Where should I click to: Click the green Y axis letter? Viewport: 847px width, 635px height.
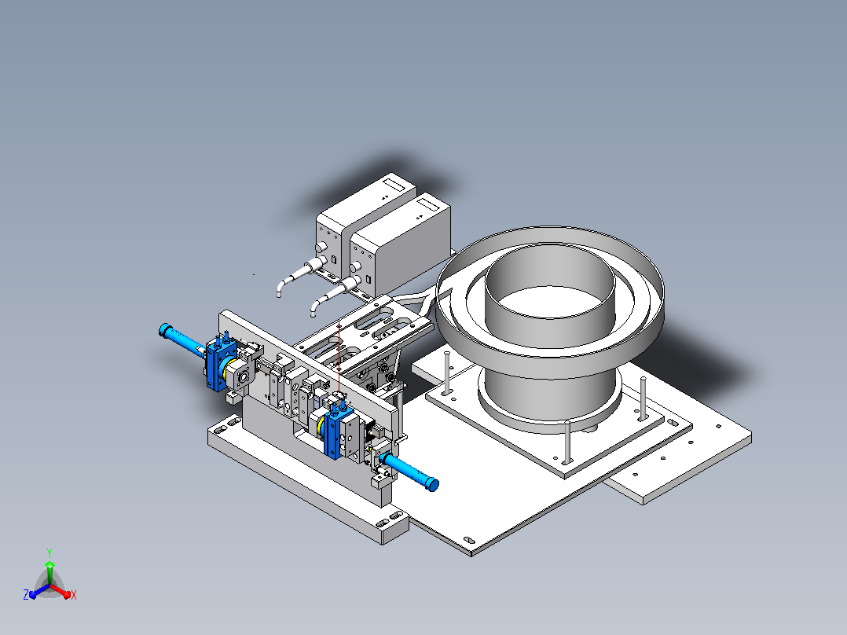tap(49, 552)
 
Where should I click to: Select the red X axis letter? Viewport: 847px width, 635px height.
tap(74, 595)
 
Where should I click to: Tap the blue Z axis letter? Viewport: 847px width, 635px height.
tap(26, 594)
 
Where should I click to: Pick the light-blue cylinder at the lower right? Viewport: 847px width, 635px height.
tap(410, 472)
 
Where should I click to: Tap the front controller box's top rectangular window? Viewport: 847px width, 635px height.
tap(429, 204)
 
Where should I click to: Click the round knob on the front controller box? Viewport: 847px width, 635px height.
tap(355, 267)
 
